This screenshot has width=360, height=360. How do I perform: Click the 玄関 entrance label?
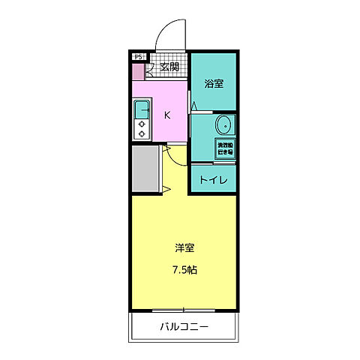(169, 67)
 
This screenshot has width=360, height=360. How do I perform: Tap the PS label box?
(138, 56)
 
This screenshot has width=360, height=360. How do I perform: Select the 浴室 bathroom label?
(214, 83)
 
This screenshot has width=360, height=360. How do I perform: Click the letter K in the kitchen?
(168, 115)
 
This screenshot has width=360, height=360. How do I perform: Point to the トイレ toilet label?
(213, 179)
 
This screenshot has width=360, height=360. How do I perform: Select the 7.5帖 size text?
(184, 269)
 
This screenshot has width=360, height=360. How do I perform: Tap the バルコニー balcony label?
(184, 327)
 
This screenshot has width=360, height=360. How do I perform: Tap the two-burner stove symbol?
(141, 130)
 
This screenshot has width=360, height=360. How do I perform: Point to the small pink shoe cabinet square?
(138, 72)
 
